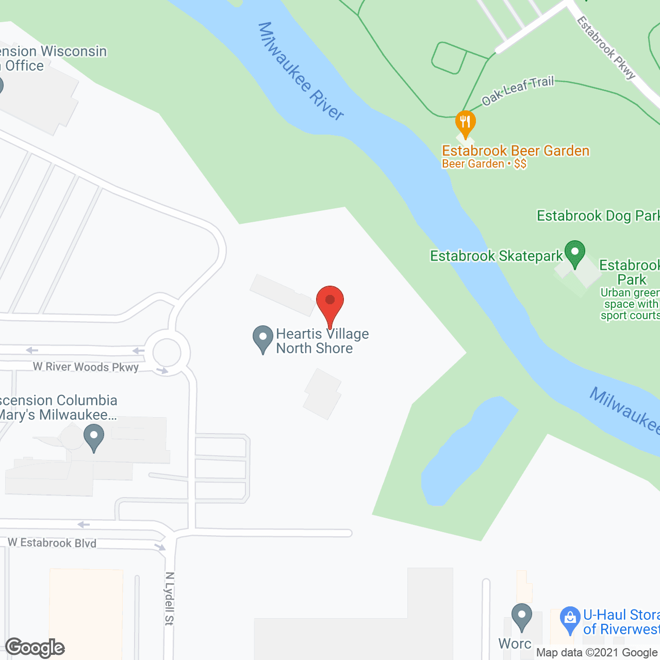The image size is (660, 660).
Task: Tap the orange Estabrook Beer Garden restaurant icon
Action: (x=466, y=123)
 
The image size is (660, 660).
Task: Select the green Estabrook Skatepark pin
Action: (x=574, y=253)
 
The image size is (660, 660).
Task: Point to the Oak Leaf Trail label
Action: (x=518, y=90)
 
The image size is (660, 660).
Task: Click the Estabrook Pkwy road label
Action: (x=606, y=48)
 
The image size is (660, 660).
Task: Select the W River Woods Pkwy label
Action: (x=86, y=367)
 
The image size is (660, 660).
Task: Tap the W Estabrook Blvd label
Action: (x=52, y=542)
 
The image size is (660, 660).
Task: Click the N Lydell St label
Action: (x=170, y=598)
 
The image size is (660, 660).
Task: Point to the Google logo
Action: (x=35, y=648)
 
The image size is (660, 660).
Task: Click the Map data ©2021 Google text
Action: (x=597, y=653)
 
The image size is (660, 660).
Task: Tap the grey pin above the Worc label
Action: (x=522, y=616)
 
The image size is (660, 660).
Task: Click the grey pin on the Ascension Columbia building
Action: (x=94, y=437)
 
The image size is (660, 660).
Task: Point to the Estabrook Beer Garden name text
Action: (x=516, y=151)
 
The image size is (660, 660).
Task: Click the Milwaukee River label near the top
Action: (x=301, y=71)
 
